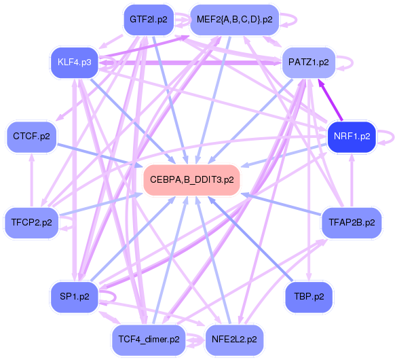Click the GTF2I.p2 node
click(149, 20)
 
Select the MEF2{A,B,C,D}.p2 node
click(234, 20)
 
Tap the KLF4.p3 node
click(75, 62)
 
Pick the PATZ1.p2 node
click(309, 62)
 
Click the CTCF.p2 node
click(31, 137)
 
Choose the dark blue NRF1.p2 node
click(352, 137)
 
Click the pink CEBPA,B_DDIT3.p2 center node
click(191, 180)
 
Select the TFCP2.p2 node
click(31, 223)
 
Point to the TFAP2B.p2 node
click(352, 223)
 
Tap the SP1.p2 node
click(75, 297)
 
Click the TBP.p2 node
click(309, 297)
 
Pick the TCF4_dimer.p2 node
click(149, 340)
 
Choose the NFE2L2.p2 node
click(234, 340)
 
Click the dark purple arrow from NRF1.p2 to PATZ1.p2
click(330, 100)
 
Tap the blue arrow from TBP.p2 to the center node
click(250, 238)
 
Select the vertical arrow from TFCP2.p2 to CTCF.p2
click(31, 180)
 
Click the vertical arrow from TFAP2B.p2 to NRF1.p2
click(352, 180)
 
